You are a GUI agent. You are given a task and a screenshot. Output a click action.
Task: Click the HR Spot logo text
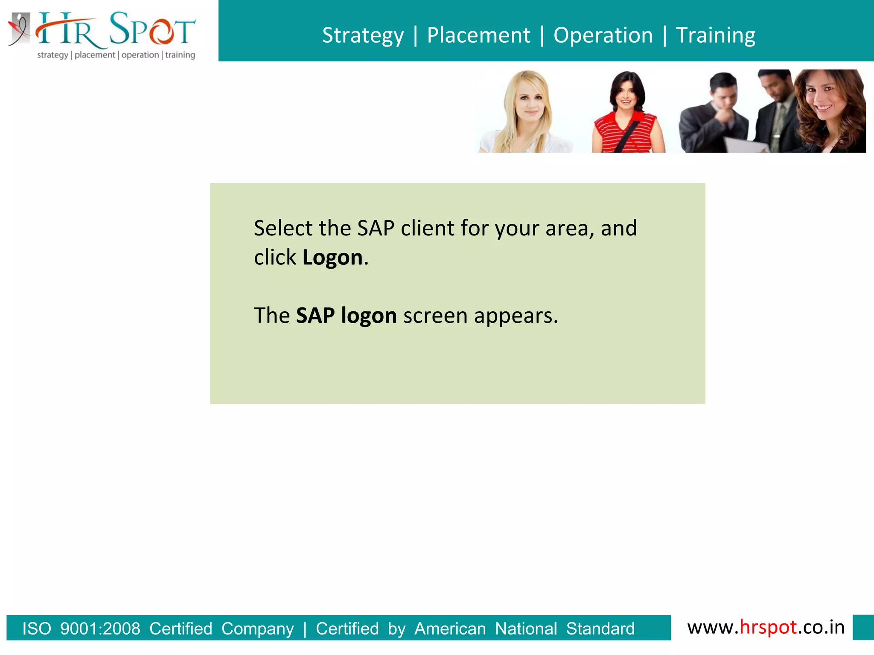[x=115, y=30]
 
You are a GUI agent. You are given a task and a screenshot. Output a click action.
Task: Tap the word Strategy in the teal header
[x=363, y=35]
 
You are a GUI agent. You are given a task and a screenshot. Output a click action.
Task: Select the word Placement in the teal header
[x=478, y=35]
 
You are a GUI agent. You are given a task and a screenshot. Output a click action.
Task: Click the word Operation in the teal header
[x=603, y=35]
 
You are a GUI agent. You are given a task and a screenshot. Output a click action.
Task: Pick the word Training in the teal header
[x=716, y=35]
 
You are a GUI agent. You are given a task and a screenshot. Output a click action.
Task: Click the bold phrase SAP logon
[x=346, y=316]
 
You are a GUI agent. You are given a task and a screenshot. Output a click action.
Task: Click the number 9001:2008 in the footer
[x=100, y=629]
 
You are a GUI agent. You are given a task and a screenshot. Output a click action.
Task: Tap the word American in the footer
[x=450, y=629]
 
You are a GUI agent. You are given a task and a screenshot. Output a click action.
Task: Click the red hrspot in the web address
[x=768, y=627]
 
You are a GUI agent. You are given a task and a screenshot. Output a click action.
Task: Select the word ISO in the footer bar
[x=37, y=629]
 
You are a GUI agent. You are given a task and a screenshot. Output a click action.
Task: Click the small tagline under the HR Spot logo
[x=116, y=55]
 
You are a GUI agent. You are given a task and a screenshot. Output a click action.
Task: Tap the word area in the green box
[x=570, y=228]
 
